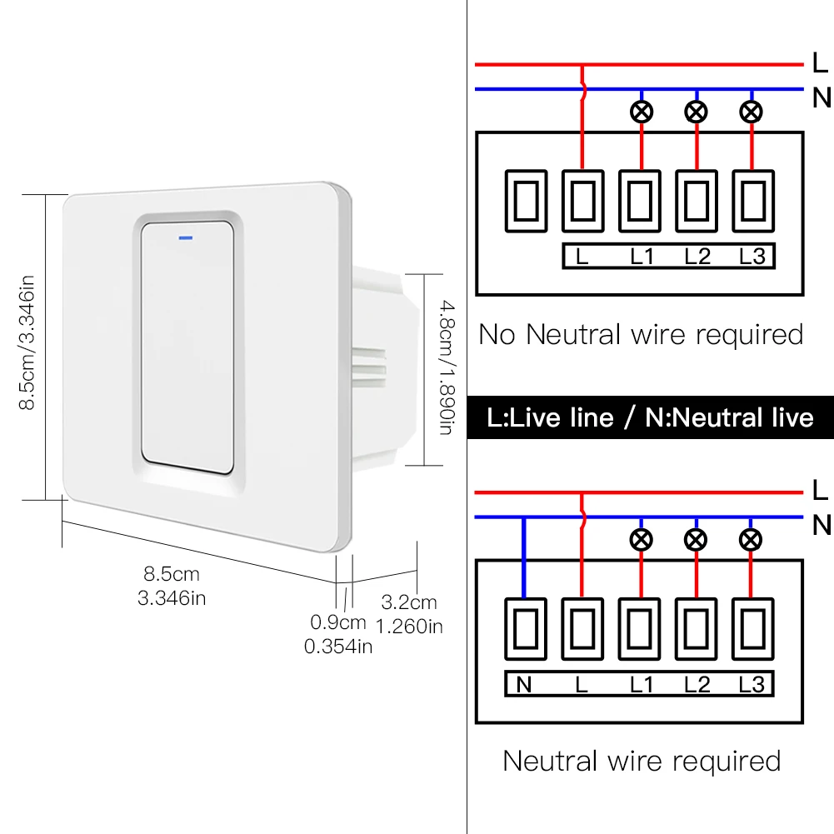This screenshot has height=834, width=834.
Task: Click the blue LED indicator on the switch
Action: point(184,236)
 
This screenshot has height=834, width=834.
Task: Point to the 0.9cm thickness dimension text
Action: point(338,622)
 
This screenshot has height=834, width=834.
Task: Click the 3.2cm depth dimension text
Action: point(408,602)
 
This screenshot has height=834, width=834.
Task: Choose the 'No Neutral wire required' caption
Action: point(641,335)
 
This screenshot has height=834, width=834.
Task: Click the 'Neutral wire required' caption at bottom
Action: point(642,761)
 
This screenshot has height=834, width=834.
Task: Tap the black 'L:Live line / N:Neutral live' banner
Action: point(651,417)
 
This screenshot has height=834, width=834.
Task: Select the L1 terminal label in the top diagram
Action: point(642,257)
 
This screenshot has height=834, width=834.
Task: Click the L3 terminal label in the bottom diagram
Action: point(752,684)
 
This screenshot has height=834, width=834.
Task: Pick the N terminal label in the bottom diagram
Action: point(524,684)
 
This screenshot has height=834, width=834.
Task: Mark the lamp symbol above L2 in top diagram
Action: point(696,112)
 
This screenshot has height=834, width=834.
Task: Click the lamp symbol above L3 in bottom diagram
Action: point(752,539)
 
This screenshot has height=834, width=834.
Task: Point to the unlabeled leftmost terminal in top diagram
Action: point(526,200)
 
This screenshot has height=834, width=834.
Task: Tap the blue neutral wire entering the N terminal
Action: point(523,558)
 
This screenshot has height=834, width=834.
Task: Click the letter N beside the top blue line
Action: point(822,97)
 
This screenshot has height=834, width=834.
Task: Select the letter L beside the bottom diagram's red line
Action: point(820,491)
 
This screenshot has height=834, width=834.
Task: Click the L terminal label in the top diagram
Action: point(582,257)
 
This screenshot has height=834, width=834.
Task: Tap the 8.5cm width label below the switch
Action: point(172,574)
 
